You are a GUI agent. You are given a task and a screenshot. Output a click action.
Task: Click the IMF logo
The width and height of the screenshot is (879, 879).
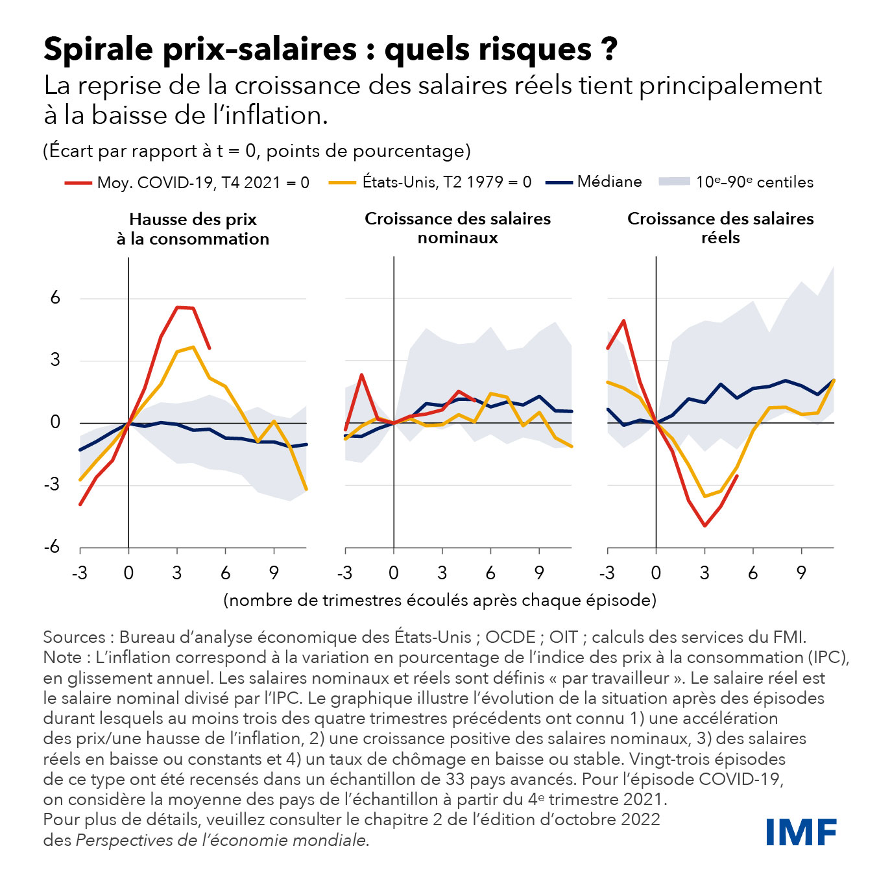click(801, 832)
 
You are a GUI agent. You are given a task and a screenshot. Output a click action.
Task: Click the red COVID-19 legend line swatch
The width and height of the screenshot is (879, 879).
click(78, 184)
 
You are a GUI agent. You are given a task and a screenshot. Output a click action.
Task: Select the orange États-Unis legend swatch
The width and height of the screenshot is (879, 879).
click(343, 183)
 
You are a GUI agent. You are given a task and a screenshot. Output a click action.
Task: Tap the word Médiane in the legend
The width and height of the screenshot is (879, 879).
click(609, 182)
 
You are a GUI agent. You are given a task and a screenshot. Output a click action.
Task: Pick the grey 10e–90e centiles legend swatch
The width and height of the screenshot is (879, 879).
click(673, 182)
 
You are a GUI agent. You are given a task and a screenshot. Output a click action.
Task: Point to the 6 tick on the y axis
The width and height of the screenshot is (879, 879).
click(55, 298)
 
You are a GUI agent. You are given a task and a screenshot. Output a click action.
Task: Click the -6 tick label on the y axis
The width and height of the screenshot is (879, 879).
click(52, 547)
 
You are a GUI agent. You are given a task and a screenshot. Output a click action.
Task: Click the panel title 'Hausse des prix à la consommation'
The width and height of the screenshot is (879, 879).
click(193, 229)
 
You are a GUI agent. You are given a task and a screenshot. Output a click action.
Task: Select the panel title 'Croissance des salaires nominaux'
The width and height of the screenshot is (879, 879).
click(457, 228)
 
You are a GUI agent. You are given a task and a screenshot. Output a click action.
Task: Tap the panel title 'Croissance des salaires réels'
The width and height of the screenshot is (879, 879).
click(720, 228)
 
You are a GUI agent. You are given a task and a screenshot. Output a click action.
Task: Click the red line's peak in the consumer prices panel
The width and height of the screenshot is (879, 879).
click(178, 307)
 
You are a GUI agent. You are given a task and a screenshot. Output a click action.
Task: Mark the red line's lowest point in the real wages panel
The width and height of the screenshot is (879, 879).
click(704, 525)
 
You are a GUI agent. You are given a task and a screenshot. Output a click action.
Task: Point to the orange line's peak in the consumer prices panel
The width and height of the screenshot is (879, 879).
click(193, 347)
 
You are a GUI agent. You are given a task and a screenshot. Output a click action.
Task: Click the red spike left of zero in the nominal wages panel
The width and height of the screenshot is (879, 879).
click(361, 374)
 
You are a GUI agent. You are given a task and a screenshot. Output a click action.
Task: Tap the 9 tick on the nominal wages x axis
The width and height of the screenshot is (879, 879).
click(539, 573)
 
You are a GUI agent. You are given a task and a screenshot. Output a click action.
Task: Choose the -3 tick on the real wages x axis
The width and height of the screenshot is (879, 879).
click(607, 573)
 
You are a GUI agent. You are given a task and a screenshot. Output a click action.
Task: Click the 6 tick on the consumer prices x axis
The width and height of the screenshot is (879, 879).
click(225, 573)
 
